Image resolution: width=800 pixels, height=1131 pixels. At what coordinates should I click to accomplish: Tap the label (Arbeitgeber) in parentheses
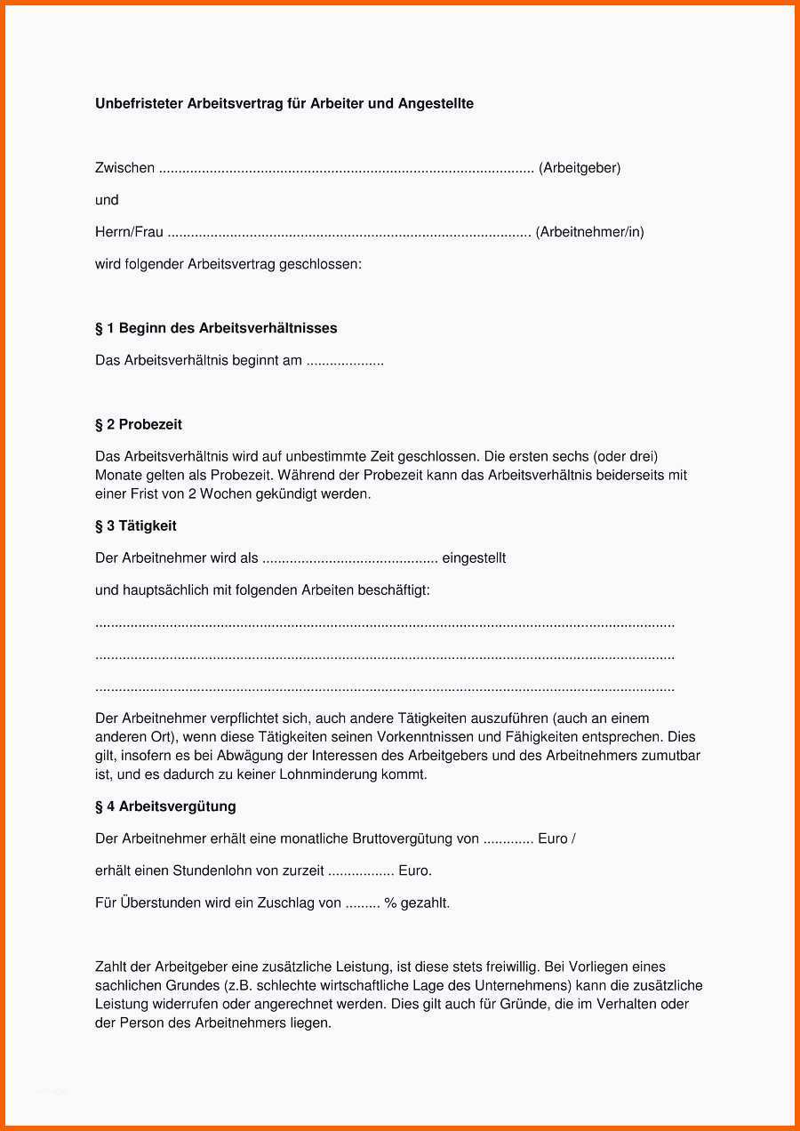click(x=580, y=168)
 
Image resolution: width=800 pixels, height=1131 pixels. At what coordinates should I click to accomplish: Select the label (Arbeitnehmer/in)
click(x=589, y=232)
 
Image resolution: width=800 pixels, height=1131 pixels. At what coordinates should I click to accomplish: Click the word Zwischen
click(x=124, y=168)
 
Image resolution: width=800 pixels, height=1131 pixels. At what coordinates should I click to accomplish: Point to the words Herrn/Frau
click(x=129, y=232)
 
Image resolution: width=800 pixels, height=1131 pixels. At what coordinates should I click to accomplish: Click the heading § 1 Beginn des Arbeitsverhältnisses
click(x=216, y=328)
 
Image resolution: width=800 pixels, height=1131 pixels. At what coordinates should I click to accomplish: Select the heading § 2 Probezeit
click(x=139, y=424)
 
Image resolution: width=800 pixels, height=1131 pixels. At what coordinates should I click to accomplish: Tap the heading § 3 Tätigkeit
click(x=136, y=526)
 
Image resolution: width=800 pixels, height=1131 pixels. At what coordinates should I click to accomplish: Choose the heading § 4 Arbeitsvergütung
click(x=165, y=806)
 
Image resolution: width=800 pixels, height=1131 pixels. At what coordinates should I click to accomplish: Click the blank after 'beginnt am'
click(x=345, y=361)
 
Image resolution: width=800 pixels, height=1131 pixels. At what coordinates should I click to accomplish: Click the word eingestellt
click(x=474, y=558)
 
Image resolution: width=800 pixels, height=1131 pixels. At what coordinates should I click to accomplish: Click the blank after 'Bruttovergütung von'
click(x=508, y=839)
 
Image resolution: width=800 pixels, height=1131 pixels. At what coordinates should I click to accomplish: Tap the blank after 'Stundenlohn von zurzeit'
click(x=361, y=871)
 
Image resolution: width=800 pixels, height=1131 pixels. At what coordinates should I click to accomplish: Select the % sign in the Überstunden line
click(x=389, y=903)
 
